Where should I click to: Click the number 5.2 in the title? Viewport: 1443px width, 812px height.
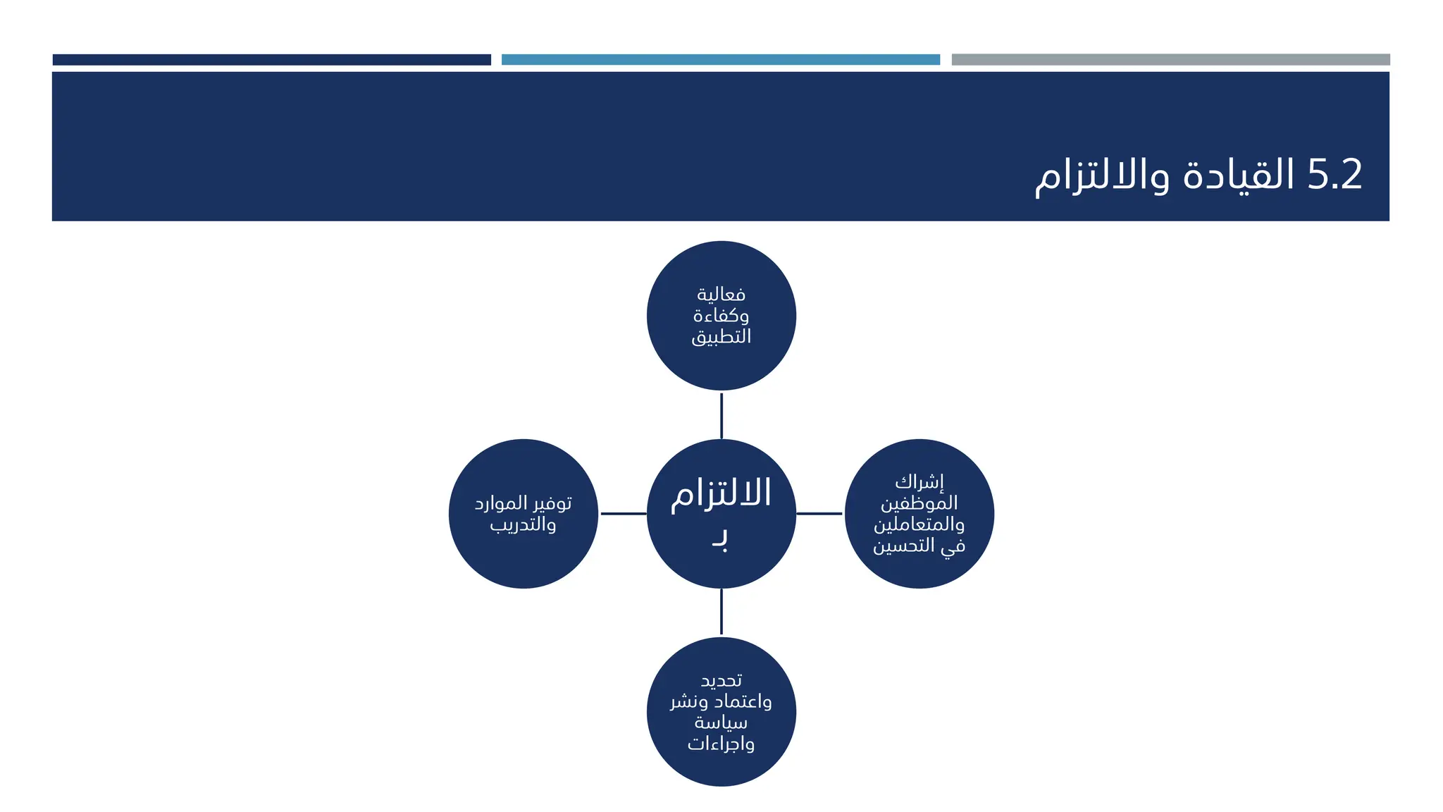coord(1334,174)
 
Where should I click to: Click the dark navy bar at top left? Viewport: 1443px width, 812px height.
coord(271,60)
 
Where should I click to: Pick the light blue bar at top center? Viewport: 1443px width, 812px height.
coord(720,60)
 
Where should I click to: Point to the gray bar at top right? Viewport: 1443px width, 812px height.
coord(1170,60)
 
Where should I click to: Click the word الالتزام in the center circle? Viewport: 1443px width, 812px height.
coord(721,494)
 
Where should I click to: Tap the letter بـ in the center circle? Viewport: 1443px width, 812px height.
coord(719,540)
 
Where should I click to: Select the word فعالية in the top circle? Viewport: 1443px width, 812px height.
coord(721,294)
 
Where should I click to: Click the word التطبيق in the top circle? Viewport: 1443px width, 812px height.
coord(721,336)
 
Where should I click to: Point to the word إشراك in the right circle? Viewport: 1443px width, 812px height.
coord(919,482)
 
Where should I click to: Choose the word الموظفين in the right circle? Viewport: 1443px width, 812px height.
coord(919,503)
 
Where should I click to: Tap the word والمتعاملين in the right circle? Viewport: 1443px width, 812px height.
coord(919,524)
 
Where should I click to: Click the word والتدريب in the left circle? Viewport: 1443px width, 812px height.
coord(523,524)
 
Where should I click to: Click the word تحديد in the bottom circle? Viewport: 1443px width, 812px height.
coord(721,680)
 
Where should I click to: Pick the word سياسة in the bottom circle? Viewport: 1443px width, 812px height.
coord(721,722)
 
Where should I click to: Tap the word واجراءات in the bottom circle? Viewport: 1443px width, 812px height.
coord(721,744)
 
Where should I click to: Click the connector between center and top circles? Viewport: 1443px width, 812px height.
coord(721,415)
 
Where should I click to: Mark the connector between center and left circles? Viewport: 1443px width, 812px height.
coord(623,514)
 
